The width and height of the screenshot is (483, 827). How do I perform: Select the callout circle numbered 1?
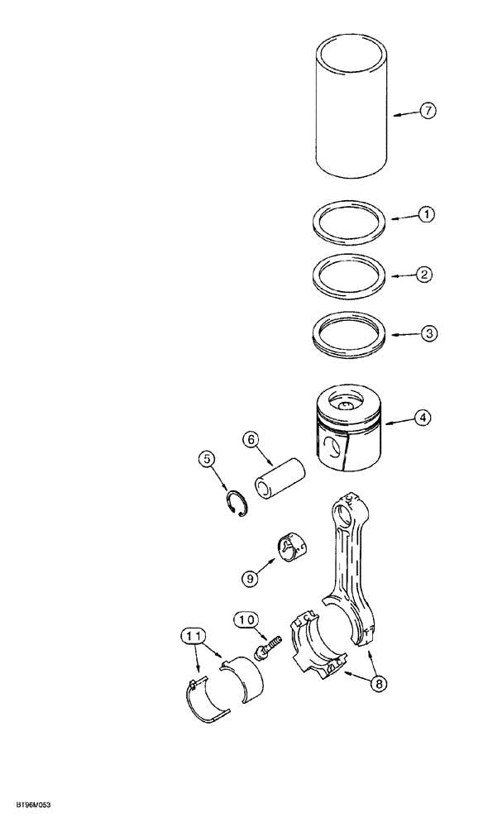point(426,214)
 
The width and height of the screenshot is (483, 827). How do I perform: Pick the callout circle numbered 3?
point(426,333)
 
